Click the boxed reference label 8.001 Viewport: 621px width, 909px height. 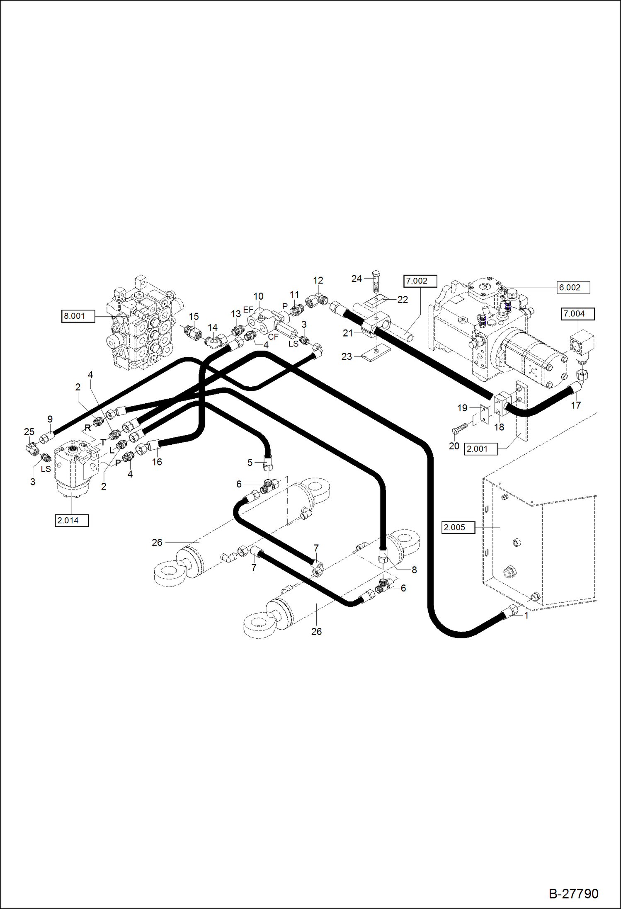(78, 316)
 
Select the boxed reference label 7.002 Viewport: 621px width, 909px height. (420, 281)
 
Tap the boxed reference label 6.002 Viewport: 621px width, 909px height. (573, 287)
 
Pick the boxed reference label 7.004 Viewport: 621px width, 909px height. (577, 314)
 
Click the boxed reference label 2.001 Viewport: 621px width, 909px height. (480, 448)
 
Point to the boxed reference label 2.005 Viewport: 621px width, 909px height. (458, 527)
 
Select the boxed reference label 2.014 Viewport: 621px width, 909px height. (71, 520)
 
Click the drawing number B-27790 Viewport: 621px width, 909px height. (573, 894)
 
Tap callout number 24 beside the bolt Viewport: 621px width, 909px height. (356, 279)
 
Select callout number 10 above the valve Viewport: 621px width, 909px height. (258, 296)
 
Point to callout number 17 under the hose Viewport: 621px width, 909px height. (575, 405)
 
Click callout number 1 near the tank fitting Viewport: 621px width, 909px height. (526, 616)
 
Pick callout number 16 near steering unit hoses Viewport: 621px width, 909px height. (157, 462)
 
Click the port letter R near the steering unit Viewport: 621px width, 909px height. (87, 427)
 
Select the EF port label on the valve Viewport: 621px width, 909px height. (248, 310)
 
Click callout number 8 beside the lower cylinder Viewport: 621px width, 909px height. (414, 570)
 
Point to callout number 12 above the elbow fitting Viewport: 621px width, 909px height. (318, 281)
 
